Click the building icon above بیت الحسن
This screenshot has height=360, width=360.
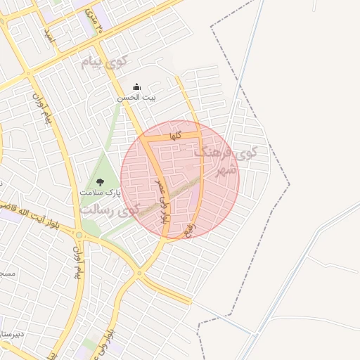(x=136, y=87)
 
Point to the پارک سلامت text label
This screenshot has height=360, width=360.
(x=100, y=192)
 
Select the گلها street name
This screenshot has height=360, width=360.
(x=176, y=135)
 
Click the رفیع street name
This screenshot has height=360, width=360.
(x=188, y=229)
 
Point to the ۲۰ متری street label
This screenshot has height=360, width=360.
(x=94, y=22)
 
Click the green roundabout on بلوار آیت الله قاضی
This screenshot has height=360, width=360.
(x=79, y=235)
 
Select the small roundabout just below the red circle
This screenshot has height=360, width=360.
(x=139, y=273)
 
